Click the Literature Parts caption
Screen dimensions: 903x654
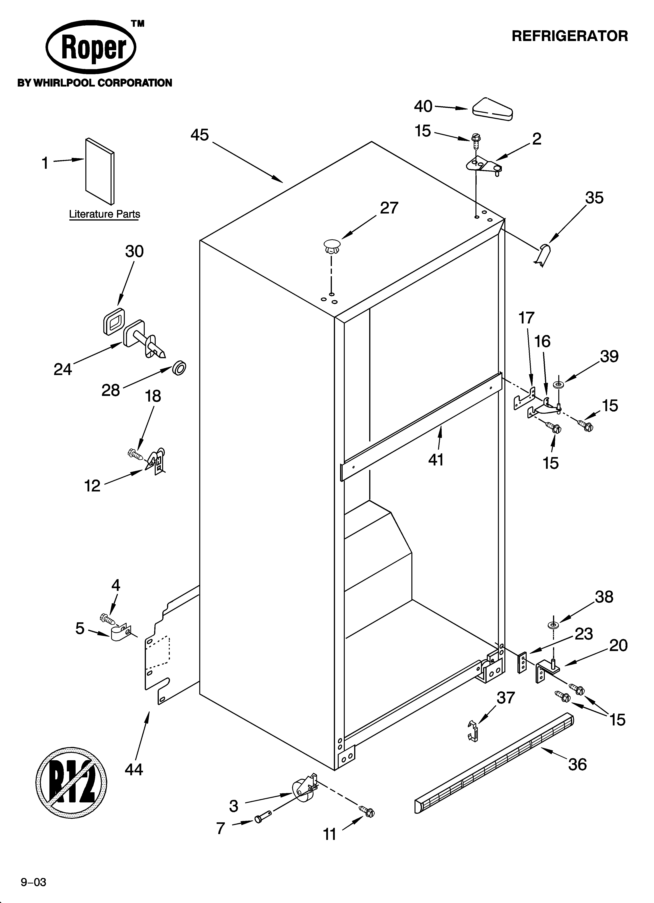(104, 214)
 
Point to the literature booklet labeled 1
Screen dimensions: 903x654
(100, 171)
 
